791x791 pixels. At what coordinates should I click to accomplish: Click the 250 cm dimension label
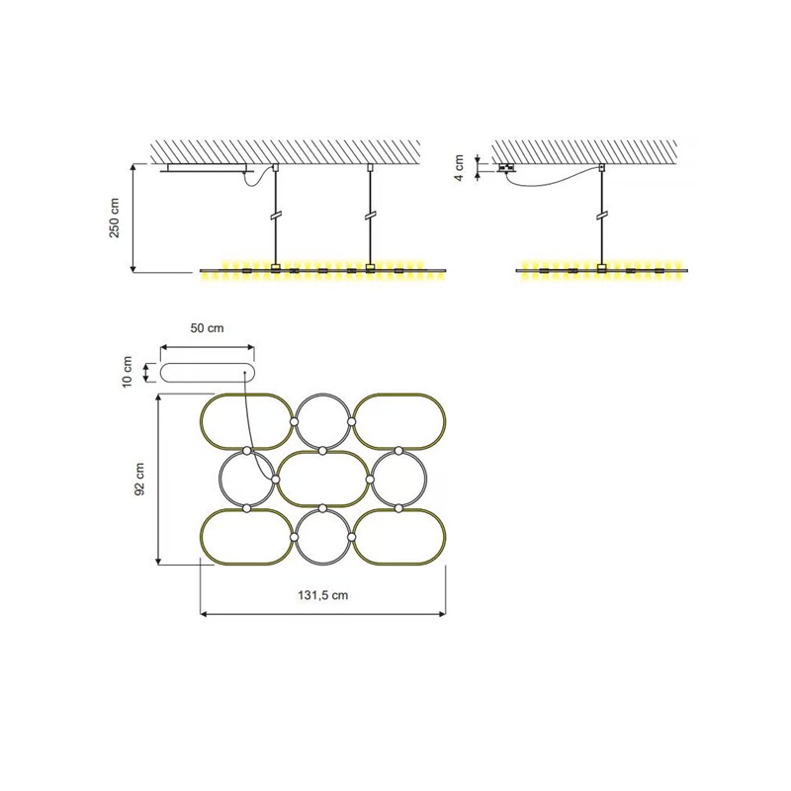[115, 218]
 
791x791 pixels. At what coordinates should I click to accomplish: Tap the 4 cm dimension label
[460, 168]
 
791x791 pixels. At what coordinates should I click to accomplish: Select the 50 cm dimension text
[207, 328]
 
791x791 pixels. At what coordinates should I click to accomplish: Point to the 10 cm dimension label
[128, 372]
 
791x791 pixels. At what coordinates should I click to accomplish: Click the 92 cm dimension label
[139, 480]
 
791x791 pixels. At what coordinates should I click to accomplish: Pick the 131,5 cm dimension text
[323, 595]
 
